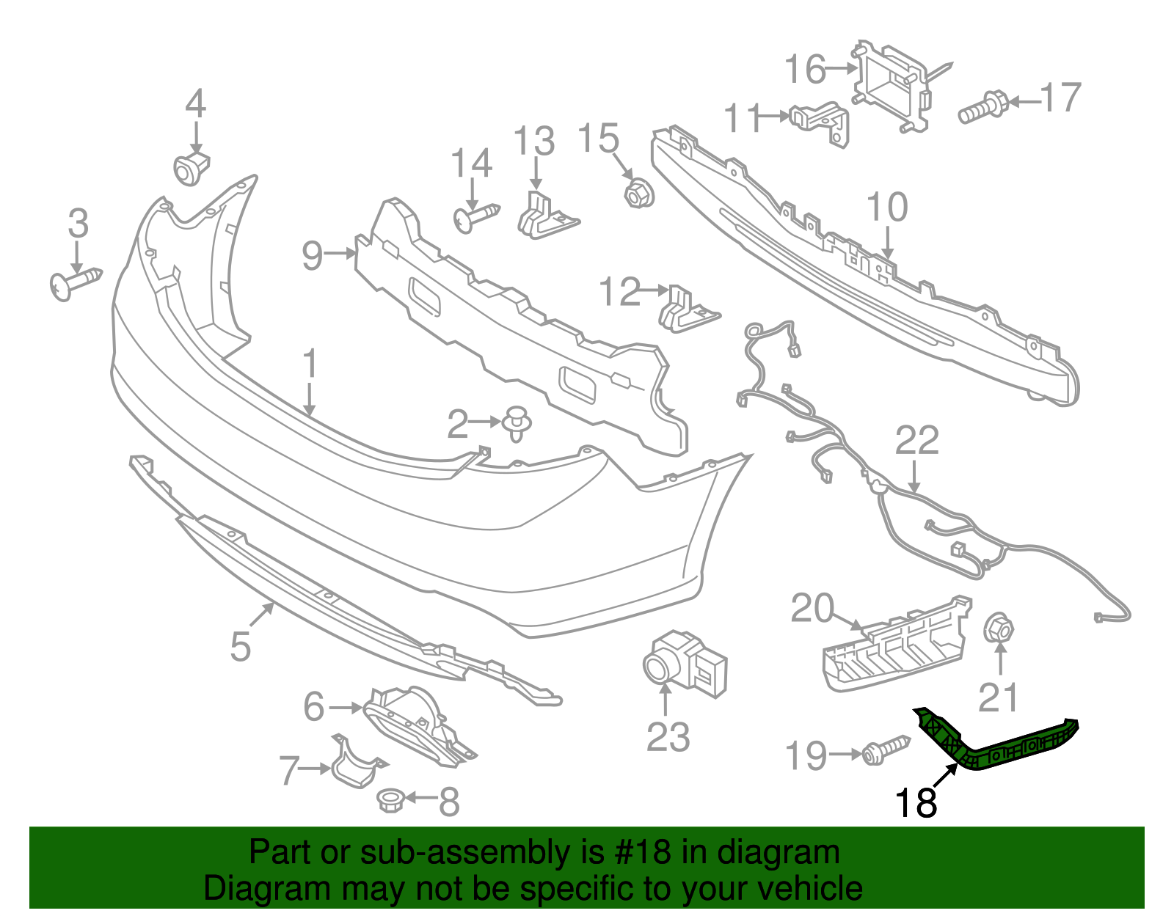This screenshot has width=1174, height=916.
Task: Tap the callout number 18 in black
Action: [x=916, y=803]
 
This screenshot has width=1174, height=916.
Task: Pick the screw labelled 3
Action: [x=73, y=283]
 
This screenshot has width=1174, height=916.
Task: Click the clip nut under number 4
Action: [x=191, y=169]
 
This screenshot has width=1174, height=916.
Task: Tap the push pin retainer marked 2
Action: [x=517, y=423]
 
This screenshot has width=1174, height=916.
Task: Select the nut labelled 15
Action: [x=637, y=194]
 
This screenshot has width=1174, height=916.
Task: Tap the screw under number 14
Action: [x=475, y=217]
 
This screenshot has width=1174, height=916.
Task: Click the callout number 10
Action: [x=887, y=208]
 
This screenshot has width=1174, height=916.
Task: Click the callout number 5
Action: [x=241, y=646]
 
